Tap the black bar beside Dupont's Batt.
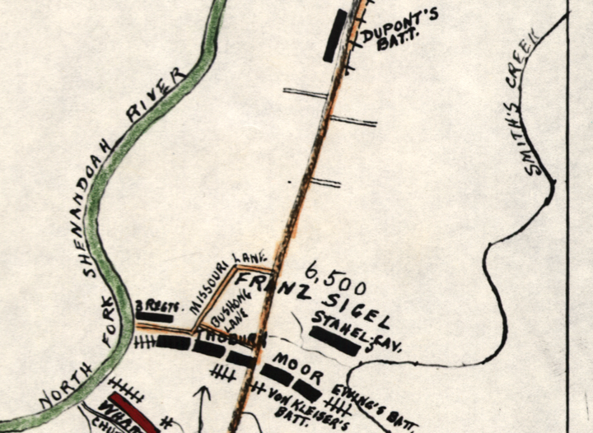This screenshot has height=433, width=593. tap(334, 35)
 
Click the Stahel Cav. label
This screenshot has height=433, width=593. tap(357, 329)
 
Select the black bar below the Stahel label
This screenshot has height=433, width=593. tap(334, 342)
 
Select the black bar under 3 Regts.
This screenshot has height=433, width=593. tap(155, 316)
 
